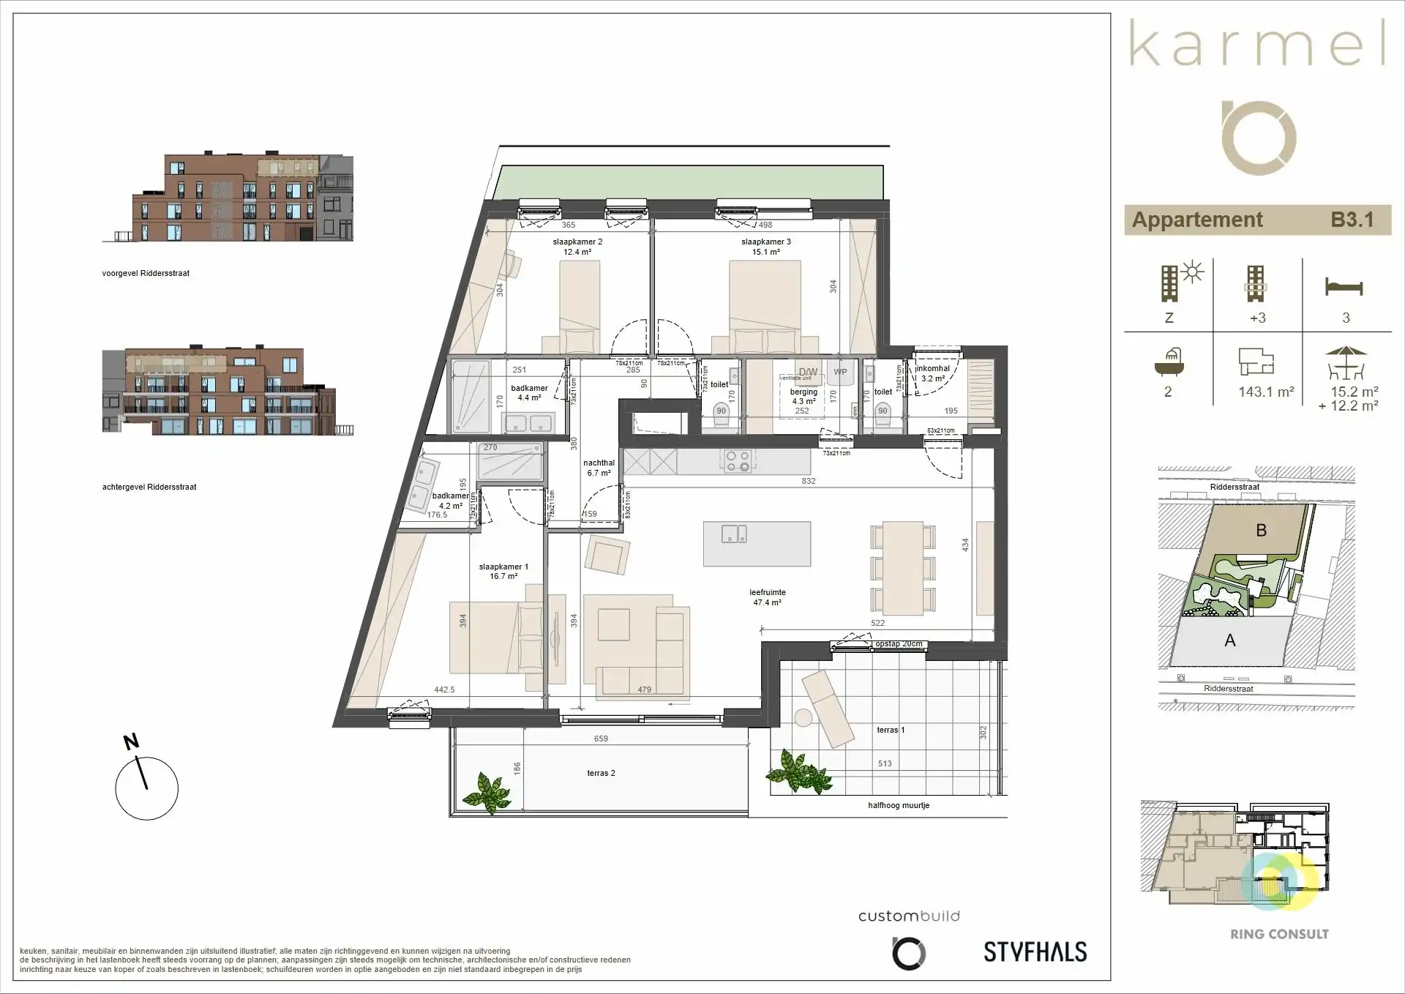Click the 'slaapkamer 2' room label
(x=577, y=242)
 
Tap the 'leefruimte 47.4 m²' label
(x=767, y=597)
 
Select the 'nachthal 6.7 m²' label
(x=599, y=468)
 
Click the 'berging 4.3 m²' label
(x=803, y=397)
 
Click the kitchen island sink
(x=734, y=534)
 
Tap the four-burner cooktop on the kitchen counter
(x=737, y=460)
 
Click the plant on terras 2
(x=486, y=791)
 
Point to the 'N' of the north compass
(x=131, y=741)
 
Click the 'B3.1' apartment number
(x=1351, y=220)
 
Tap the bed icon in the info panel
(x=1344, y=286)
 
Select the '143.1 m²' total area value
(x=1266, y=392)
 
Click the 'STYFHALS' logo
(x=1035, y=952)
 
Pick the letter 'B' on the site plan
(x=1261, y=531)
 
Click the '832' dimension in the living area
(x=808, y=481)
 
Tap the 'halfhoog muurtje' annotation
(x=899, y=805)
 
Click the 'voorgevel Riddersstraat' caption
(x=146, y=273)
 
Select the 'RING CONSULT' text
(x=1279, y=934)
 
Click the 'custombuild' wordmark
(x=908, y=916)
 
